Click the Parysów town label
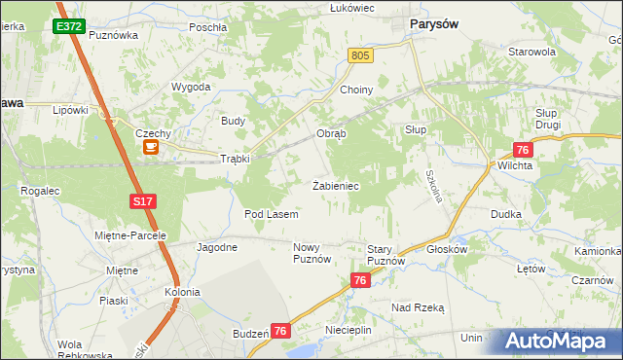click(x=435, y=24)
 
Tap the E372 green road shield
click(x=68, y=26)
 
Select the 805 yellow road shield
click(x=361, y=57)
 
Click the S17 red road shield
click(x=142, y=201)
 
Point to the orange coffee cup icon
click(x=151, y=147)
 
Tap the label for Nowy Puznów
click(x=312, y=253)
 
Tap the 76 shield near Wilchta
click(x=523, y=149)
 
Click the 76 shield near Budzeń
click(x=280, y=331)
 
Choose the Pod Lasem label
click(x=271, y=213)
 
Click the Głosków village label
click(x=448, y=248)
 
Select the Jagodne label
click(x=217, y=247)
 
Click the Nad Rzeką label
click(x=418, y=306)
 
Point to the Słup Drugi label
click(x=552, y=119)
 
